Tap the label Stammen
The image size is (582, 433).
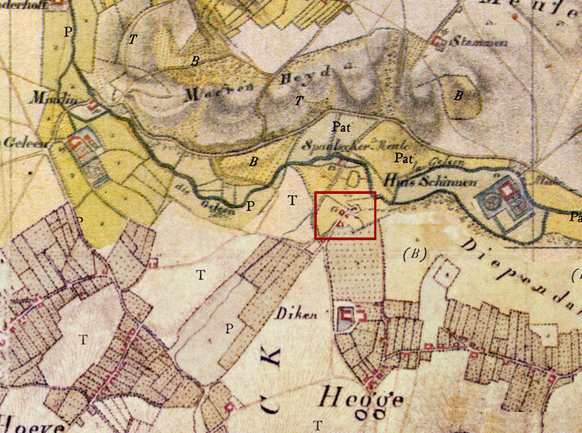471,43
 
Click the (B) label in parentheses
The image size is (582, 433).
416,254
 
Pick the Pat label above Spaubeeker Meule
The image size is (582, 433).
342,126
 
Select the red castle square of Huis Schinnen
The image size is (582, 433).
507,191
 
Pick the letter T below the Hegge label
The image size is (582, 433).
318,425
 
